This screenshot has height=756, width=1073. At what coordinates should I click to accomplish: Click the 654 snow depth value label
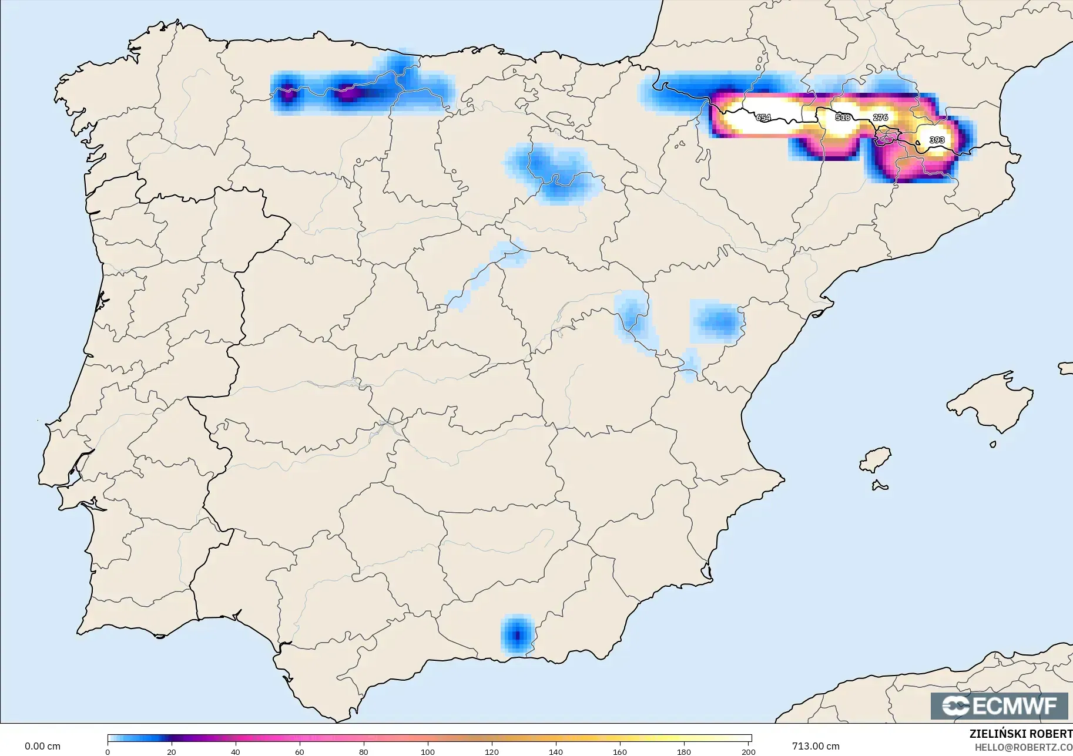click(x=763, y=117)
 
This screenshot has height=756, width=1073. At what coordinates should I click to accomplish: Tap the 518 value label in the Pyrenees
click(x=843, y=117)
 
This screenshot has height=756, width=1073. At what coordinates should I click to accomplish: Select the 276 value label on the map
click(x=880, y=117)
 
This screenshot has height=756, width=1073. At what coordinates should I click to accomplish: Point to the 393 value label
click(x=937, y=140)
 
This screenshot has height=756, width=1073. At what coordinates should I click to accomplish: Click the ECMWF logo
click(x=999, y=705)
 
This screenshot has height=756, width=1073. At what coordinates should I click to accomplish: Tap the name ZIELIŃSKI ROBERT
click(x=1020, y=734)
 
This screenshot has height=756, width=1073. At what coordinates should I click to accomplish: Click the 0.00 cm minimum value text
click(x=42, y=747)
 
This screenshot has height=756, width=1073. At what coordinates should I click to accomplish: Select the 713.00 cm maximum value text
click(x=816, y=747)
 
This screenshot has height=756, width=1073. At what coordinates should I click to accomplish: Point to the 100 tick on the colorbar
click(x=428, y=751)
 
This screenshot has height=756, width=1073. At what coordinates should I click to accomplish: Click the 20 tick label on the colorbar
click(x=171, y=751)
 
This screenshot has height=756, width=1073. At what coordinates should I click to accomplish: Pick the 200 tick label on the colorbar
click(x=747, y=751)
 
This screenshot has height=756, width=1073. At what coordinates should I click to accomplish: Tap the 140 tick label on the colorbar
click(x=556, y=751)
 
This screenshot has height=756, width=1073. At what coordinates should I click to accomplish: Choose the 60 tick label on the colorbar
click(x=299, y=751)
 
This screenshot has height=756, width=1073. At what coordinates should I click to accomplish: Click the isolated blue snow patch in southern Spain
click(x=517, y=635)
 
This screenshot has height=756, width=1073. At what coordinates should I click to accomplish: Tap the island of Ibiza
click(x=876, y=460)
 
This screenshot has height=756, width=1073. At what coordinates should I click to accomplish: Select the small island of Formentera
click(x=880, y=485)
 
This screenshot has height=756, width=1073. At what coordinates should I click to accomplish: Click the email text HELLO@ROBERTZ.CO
click(x=1023, y=747)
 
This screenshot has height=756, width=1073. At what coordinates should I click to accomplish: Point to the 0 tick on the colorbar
click(x=108, y=751)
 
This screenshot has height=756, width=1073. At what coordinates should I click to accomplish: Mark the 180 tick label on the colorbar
click(x=683, y=751)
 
